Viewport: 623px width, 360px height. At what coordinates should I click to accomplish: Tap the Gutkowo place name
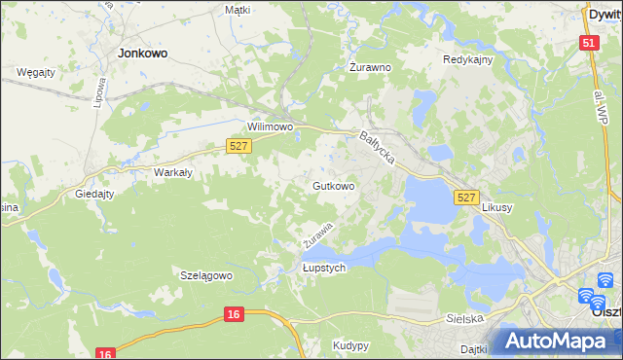(x=333, y=185)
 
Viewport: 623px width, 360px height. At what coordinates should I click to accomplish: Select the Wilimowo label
(x=271, y=127)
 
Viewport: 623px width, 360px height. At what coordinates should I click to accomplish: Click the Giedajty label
(x=95, y=194)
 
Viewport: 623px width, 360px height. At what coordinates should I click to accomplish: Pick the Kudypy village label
(x=349, y=345)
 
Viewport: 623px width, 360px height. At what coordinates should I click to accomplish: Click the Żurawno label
(x=370, y=68)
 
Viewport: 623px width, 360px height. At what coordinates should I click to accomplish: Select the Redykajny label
(x=468, y=59)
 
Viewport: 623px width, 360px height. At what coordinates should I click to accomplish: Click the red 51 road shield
(x=589, y=43)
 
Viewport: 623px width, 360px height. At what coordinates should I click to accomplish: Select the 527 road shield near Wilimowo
(x=239, y=146)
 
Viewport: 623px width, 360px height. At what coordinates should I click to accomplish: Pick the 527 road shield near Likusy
(x=466, y=198)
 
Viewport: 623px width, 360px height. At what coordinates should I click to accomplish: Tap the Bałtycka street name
(x=376, y=148)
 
